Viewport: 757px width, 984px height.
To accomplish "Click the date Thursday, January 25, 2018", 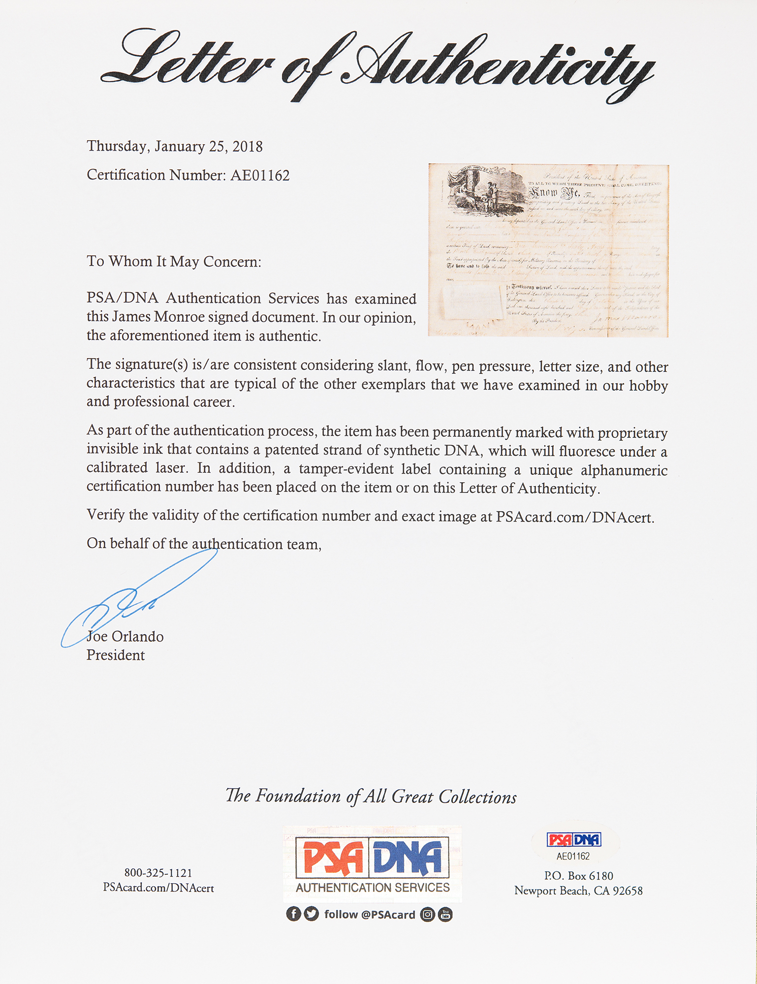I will click(175, 147).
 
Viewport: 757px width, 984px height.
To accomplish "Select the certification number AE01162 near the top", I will click(260, 176).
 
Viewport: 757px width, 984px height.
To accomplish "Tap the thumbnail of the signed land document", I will click(548, 250).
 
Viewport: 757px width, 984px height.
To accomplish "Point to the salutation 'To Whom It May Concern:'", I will click(174, 261).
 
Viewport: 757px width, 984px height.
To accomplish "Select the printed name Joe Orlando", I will click(126, 637).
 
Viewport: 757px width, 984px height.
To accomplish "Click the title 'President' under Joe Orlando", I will click(116, 655).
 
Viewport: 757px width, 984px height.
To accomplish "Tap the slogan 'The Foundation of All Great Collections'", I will click(371, 796).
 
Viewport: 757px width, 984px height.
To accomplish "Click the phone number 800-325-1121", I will click(158, 873).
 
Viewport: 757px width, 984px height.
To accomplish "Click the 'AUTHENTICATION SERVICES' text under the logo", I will click(373, 888).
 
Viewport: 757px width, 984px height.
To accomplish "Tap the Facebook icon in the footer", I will click(293, 914).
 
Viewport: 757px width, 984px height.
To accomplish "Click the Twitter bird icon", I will click(311, 914).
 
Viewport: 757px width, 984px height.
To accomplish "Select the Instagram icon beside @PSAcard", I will click(428, 915).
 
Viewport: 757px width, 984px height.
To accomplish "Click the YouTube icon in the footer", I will click(445, 915).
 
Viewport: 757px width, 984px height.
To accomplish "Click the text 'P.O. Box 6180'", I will click(578, 876).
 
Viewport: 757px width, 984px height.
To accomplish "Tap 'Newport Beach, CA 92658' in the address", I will click(578, 891).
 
